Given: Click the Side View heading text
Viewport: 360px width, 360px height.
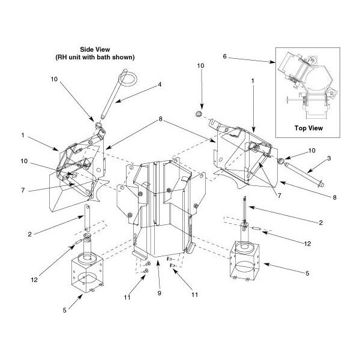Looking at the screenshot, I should click(98, 49).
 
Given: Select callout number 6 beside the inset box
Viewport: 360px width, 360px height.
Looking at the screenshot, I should click(225, 57).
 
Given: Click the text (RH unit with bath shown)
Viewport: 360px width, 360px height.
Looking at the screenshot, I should click(98, 58).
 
